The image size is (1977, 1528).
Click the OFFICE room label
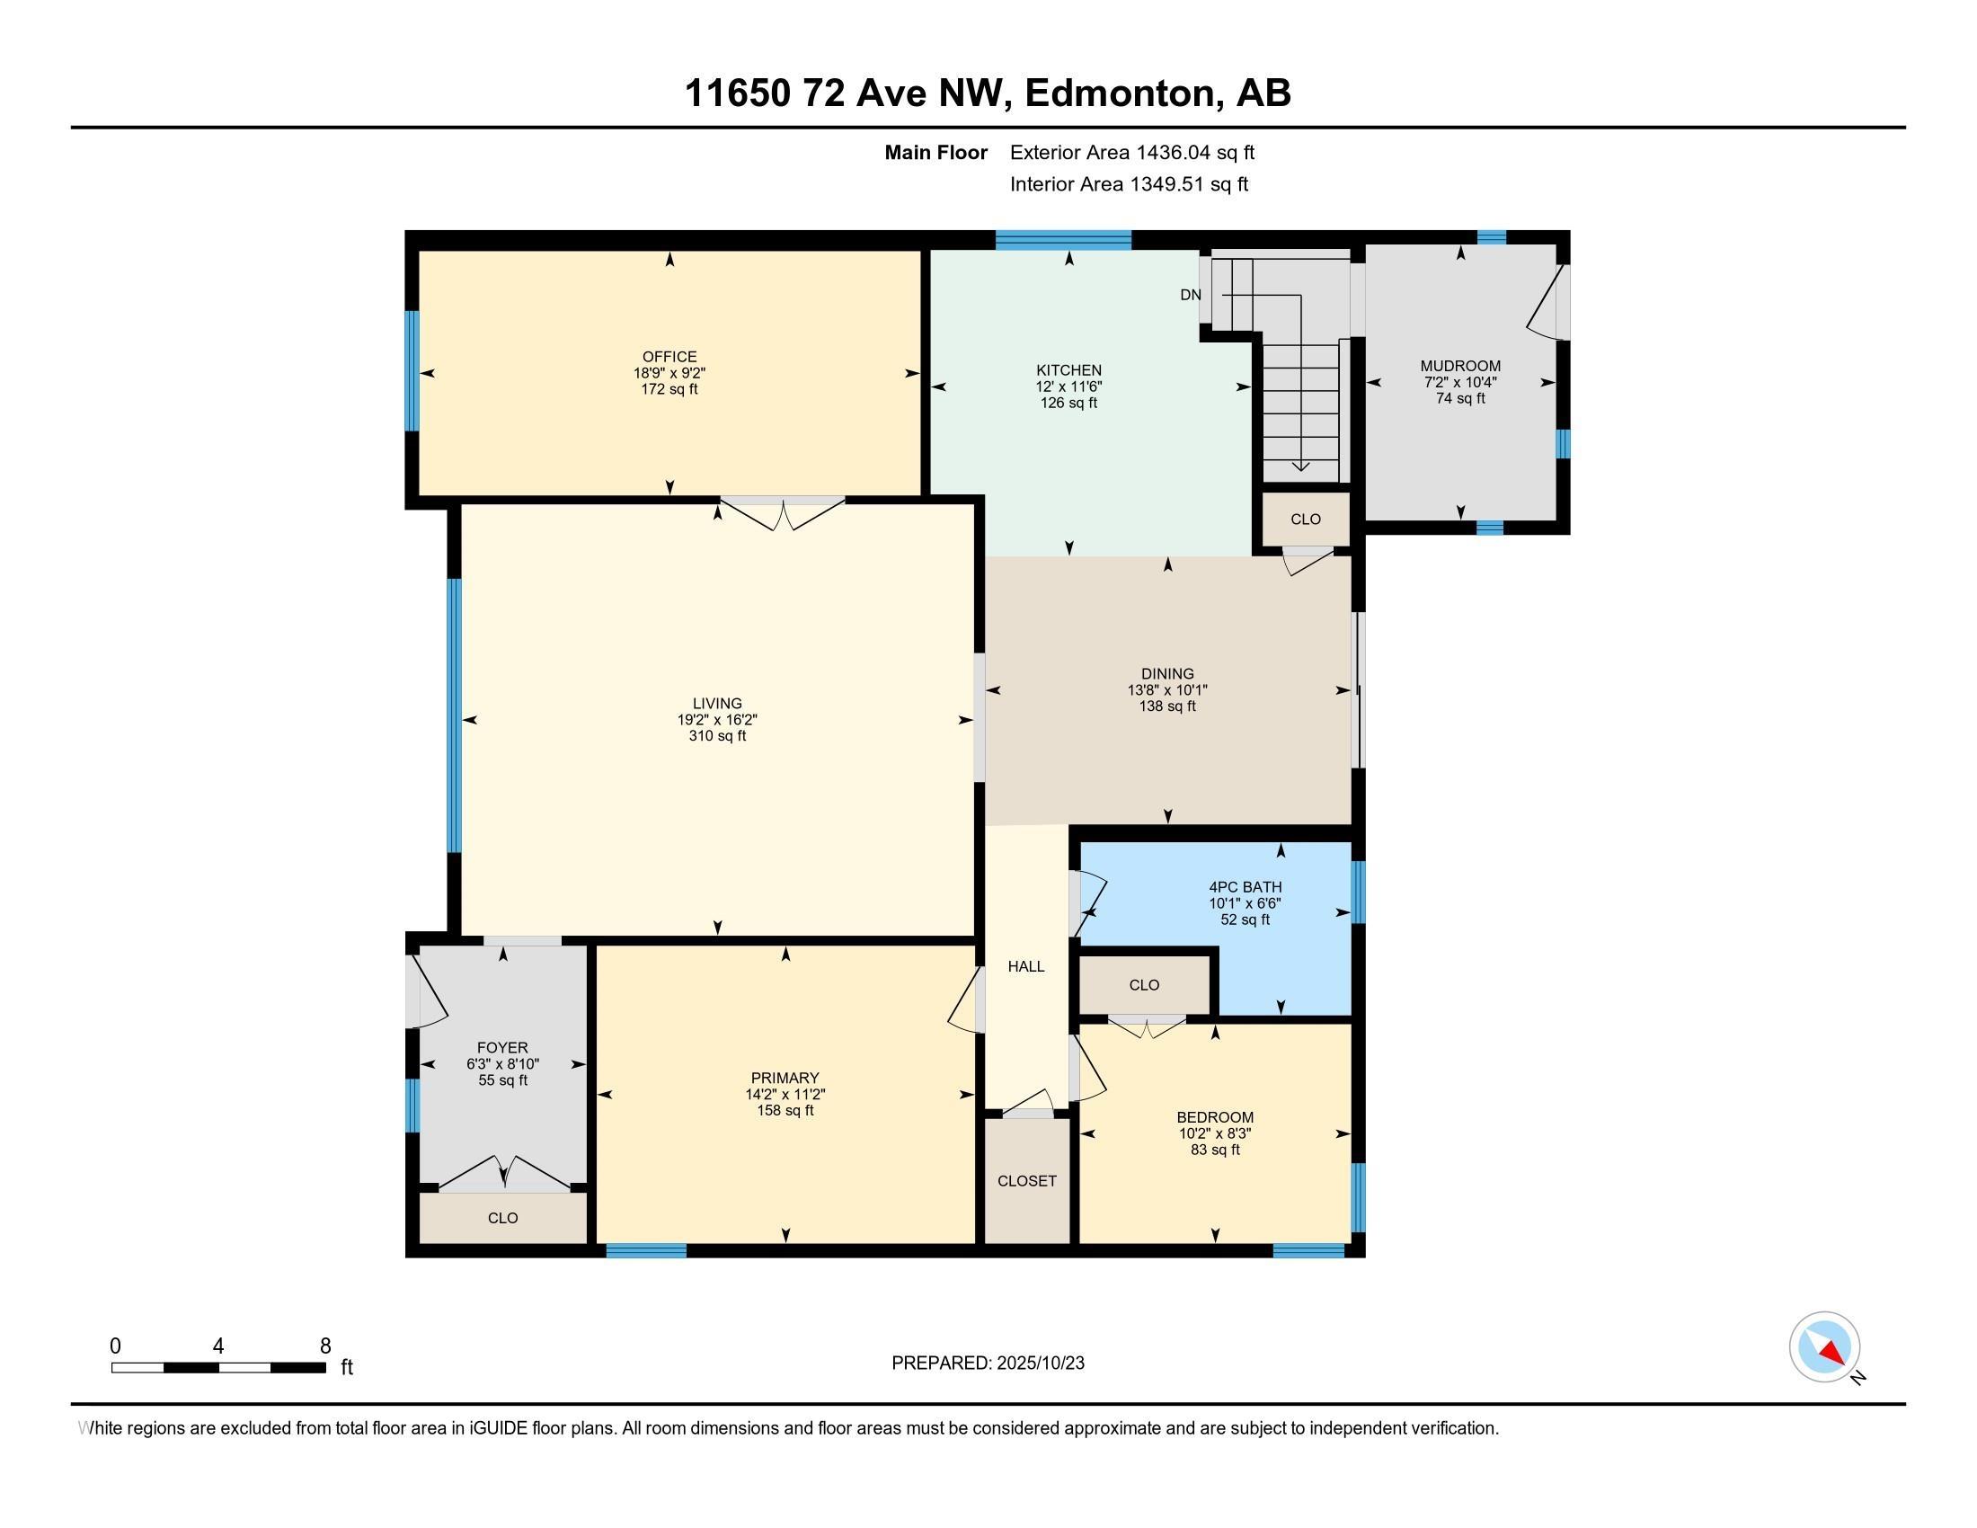click(x=669, y=357)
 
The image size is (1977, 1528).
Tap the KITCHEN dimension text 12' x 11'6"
click(x=1068, y=386)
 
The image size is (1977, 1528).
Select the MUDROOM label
click(x=1459, y=366)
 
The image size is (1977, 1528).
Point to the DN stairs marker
click(x=1190, y=295)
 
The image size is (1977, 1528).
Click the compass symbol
click(x=1823, y=1347)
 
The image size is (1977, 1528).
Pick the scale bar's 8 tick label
click(x=325, y=1346)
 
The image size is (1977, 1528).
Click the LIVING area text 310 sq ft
click(x=717, y=736)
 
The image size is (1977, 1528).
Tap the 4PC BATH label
click(x=1245, y=887)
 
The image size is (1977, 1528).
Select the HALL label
click(x=1025, y=967)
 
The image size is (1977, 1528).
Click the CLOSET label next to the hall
click(x=1025, y=1180)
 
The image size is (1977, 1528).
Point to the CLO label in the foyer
click(x=502, y=1218)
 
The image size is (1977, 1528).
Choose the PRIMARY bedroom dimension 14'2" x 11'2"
click(x=785, y=1094)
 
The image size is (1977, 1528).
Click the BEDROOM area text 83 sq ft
click(x=1214, y=1150)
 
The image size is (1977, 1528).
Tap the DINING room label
click(x=1166, y=673)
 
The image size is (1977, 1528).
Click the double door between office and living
click(x=782, y=512)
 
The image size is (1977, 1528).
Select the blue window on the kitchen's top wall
click(x=1063, y=240)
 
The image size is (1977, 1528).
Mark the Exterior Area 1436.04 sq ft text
click(x=1131, y=152)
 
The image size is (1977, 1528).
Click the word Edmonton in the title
click(x=1120, y=93)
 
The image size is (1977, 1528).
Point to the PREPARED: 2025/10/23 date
click(x=988, y=1364)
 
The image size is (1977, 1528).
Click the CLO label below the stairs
click(x=1305, y=519)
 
